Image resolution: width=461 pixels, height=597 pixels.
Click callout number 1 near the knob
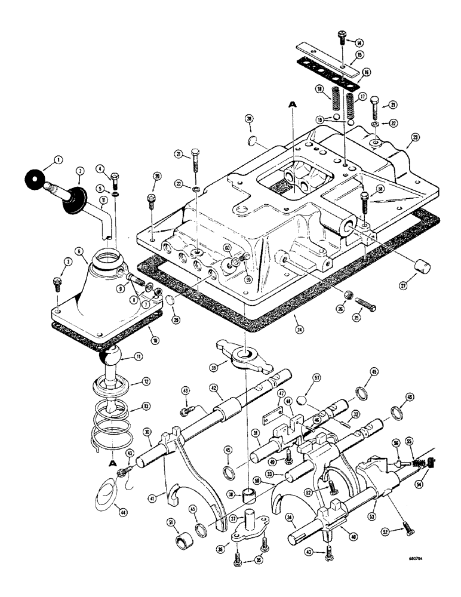(58, 159)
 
